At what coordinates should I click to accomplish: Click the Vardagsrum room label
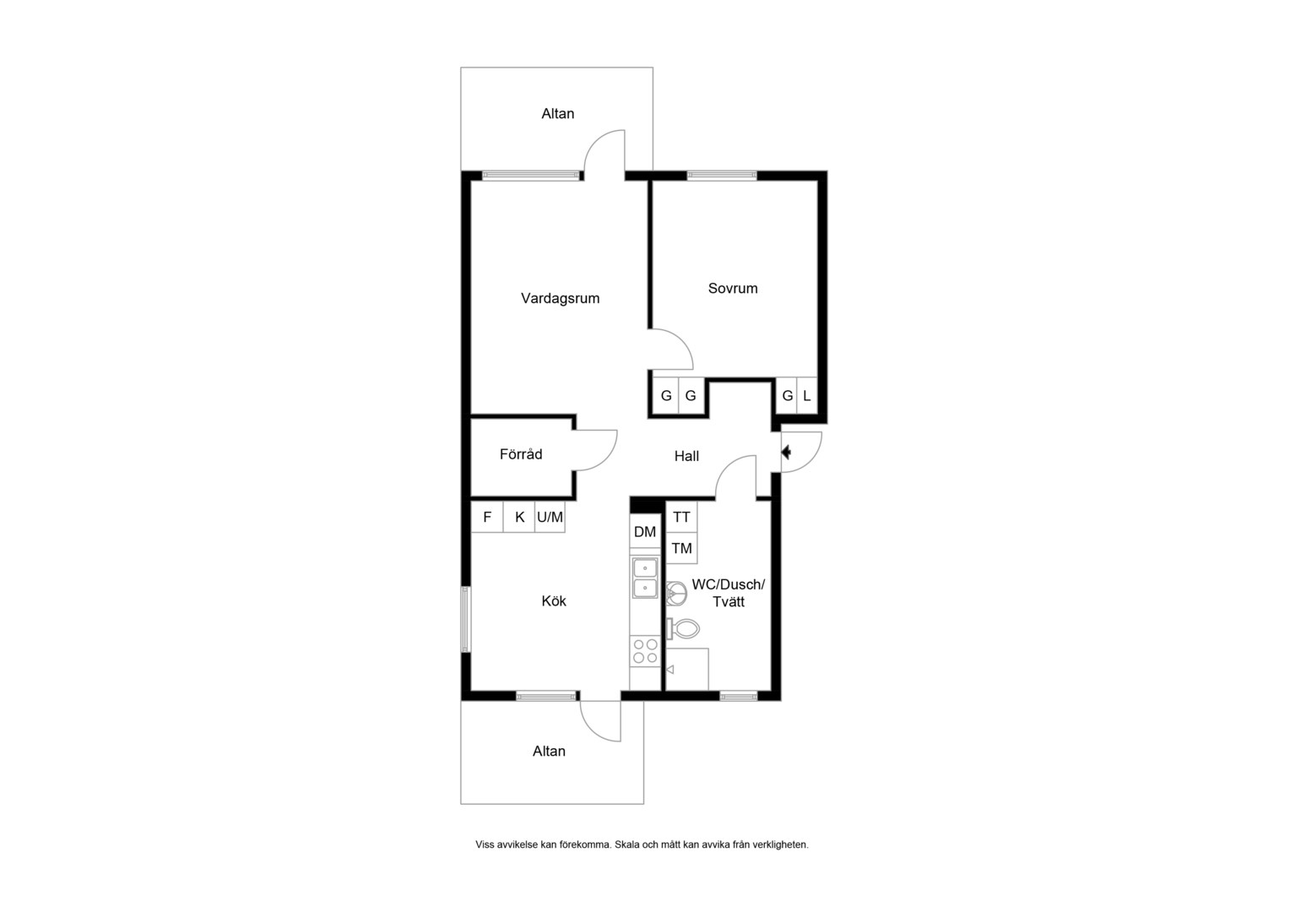coord(561,298)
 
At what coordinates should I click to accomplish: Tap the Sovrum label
coord(733,288)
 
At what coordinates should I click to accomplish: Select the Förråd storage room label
coord(521,454)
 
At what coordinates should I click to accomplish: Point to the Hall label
coord(686,456)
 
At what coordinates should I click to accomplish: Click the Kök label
coord(554,601)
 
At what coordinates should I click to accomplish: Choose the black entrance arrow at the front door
coord(786,453)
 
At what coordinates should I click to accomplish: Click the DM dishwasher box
coord(645,532)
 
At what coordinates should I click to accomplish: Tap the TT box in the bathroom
coord(682,517)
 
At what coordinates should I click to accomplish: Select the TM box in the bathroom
coord(682,548)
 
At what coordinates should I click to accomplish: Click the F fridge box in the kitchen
coord(487,517)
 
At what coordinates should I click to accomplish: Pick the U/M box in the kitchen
coord(550,517)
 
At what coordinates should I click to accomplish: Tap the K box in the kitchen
coord(519,517)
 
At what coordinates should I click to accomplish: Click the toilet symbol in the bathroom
coord(683,628)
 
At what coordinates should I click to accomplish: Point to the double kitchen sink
coord(645,578)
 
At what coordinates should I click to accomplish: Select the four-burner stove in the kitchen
coord(645,651)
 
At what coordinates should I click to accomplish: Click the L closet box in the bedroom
coord(807,396)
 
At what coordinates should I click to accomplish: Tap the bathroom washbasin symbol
coord(677,594)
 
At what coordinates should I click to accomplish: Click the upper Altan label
coord(557,113)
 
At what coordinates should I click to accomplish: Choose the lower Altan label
coord(549,752)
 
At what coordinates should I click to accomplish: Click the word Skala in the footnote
coord(626,844)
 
